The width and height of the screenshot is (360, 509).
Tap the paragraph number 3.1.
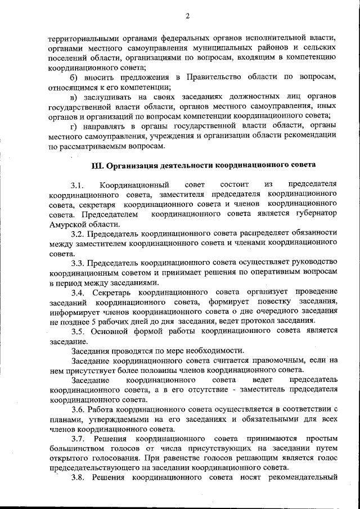pos(77,185)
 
